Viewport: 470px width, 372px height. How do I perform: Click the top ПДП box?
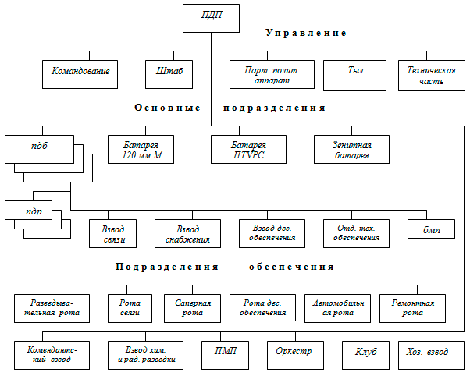209,17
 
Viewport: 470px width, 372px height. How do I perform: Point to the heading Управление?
305,34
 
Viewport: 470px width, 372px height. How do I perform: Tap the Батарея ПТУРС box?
249,149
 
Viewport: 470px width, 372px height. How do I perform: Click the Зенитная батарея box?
352,149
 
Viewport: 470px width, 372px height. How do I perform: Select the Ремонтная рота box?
412,307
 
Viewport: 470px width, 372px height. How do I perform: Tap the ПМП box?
226,353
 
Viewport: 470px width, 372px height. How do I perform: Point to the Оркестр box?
294,353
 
